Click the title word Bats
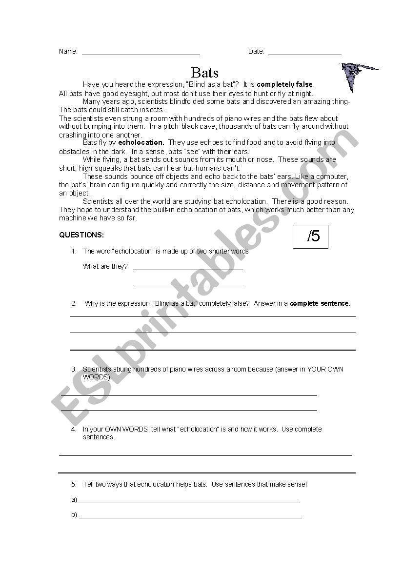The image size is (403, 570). click(205, 73)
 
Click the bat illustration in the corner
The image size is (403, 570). click(356, 75)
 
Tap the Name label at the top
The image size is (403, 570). click(68, 52)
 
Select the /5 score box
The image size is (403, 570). click(310, 236)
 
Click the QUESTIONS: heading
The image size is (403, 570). click(81, 235)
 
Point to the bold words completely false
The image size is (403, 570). click(285, 84)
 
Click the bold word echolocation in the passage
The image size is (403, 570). click(141, 143)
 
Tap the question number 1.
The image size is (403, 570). click(74, 252)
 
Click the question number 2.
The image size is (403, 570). click(74, 303)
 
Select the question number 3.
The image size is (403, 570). click(74, 370)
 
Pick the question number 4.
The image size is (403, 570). click(74, 430)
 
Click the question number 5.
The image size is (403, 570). click(74, 485)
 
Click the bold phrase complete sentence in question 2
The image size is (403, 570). click(320, 303)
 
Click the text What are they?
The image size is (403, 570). click(105, 267)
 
